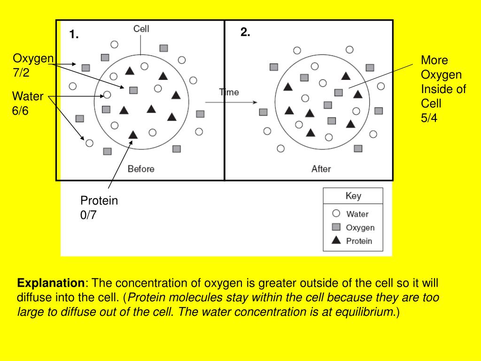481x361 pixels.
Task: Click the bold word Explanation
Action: (x=50, y=283)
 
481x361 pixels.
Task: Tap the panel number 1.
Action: (x=74, y=34)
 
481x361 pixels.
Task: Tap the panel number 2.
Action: (x=245, y=32)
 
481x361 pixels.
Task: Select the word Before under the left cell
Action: (x=141, y=169)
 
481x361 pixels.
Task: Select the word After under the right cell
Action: (x=321, y=169)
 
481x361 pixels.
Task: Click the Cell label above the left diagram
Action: (x=141, y=29)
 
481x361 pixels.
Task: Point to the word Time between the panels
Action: (x=230, y=92)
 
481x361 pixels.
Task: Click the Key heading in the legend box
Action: (x=353, y=196)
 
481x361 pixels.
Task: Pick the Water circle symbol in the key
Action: (x=336, y=213)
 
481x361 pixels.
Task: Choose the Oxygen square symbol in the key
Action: (x=336, y=227)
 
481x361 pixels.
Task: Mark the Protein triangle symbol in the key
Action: (x=336, y=241)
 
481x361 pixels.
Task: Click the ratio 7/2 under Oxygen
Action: (x=21, y=73)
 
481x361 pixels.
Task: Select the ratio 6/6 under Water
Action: (x=21, y=111)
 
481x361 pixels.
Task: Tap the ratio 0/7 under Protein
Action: (x=88, y=216)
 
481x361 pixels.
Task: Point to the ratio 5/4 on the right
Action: (x=429, y=118)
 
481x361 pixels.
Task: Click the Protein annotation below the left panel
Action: (x=99, y=201)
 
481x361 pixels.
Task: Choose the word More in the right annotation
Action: (x=434, y=60)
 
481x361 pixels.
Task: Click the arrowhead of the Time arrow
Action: (x=255, y=102)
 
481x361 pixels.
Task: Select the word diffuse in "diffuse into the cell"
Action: (x=35, y=298)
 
